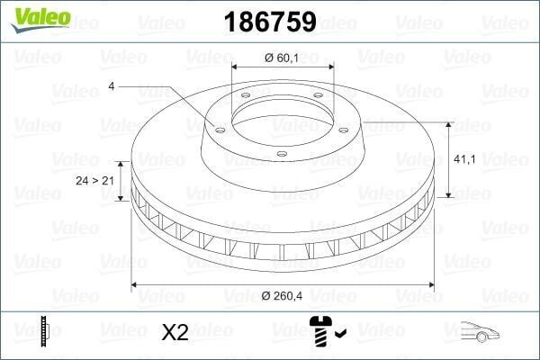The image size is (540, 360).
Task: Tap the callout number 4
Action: click(x=111, y=85)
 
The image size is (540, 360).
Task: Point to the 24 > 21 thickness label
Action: click(x=94, y=181)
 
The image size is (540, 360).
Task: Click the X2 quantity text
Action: click(x=173, y=332)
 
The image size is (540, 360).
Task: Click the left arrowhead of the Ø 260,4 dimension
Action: click(x=136, y=285)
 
